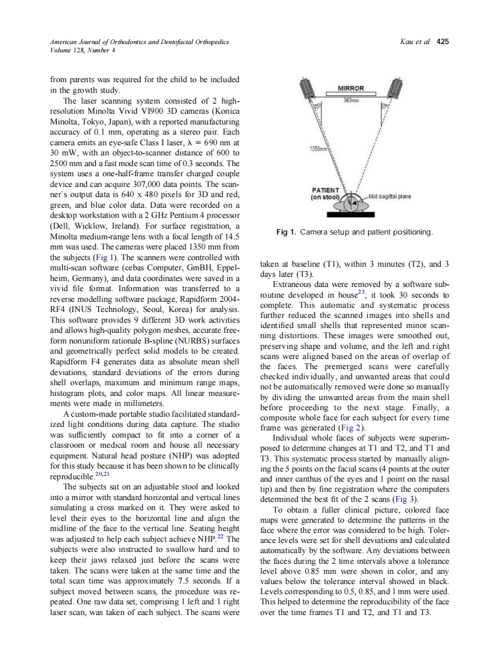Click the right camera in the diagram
[394, 89]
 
